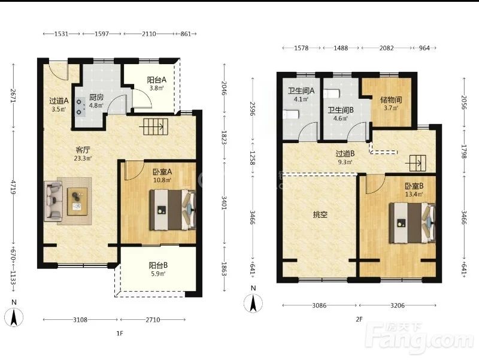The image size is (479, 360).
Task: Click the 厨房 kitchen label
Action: point(96,98)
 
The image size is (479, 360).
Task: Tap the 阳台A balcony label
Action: point(156,80)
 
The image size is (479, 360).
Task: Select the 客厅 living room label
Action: point(83,150)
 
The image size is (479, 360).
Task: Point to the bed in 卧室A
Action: point(172,210)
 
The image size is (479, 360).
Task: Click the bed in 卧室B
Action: point(413,223)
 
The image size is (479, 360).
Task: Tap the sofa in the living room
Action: point(53,201)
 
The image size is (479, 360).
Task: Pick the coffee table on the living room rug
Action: point(77,201)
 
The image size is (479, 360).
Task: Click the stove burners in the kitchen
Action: point(81,107)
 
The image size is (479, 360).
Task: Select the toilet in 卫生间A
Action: point(291,114)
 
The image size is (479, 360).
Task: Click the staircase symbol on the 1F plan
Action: point(156,126)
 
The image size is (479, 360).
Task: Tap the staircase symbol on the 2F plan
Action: point(416,164)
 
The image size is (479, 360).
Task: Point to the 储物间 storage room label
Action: point(391,100)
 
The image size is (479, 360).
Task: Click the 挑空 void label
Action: point(320,215)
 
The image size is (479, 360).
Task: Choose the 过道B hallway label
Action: point(345,153)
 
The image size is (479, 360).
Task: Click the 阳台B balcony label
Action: point(158,265)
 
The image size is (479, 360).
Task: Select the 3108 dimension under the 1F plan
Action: point(80,320)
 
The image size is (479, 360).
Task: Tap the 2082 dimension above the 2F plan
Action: point(386,48)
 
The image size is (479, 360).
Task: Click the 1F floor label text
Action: point(119,334)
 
